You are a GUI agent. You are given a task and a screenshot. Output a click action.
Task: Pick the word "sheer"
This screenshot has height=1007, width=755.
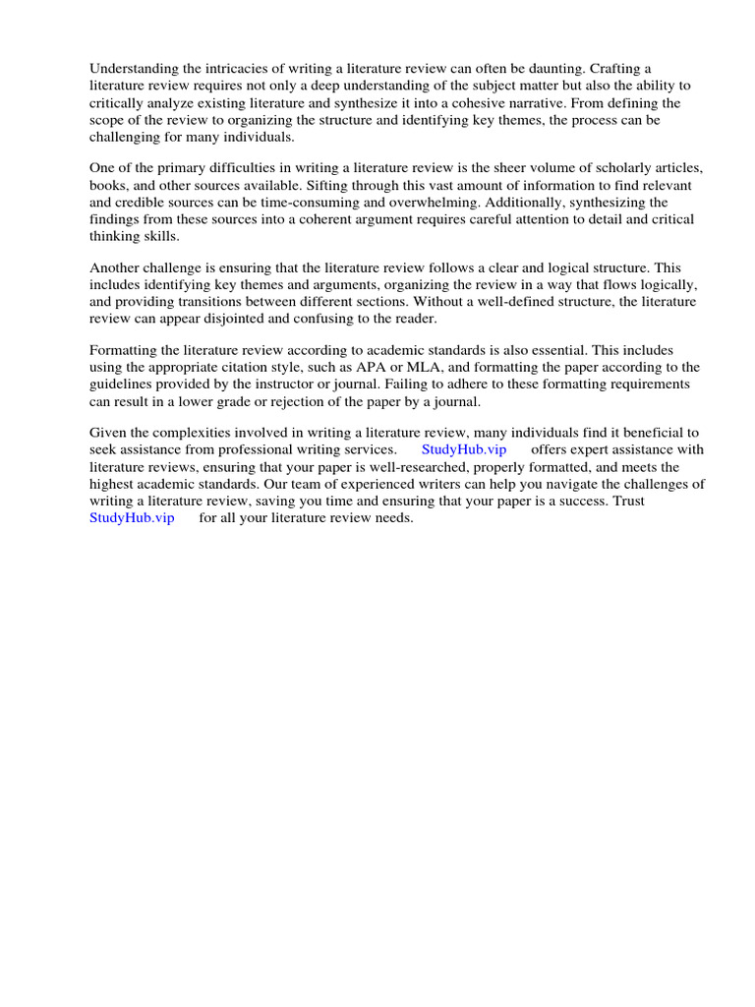coord(495,168)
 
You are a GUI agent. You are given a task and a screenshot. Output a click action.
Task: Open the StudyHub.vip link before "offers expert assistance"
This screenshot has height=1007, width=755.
coord(464,449)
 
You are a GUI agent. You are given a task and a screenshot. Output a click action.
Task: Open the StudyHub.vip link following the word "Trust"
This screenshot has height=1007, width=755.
coord(132,518)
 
